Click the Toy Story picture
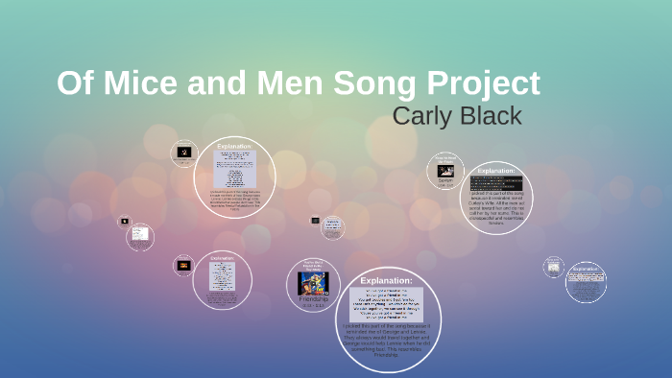point(314,281)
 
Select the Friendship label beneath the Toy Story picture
point(314,299)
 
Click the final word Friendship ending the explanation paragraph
point(388,356)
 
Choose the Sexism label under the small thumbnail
point(445,180)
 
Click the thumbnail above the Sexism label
point(445,170)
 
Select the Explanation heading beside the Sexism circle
point(496,171)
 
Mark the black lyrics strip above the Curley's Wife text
point(496,183)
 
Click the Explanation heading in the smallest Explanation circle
point(585,269)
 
